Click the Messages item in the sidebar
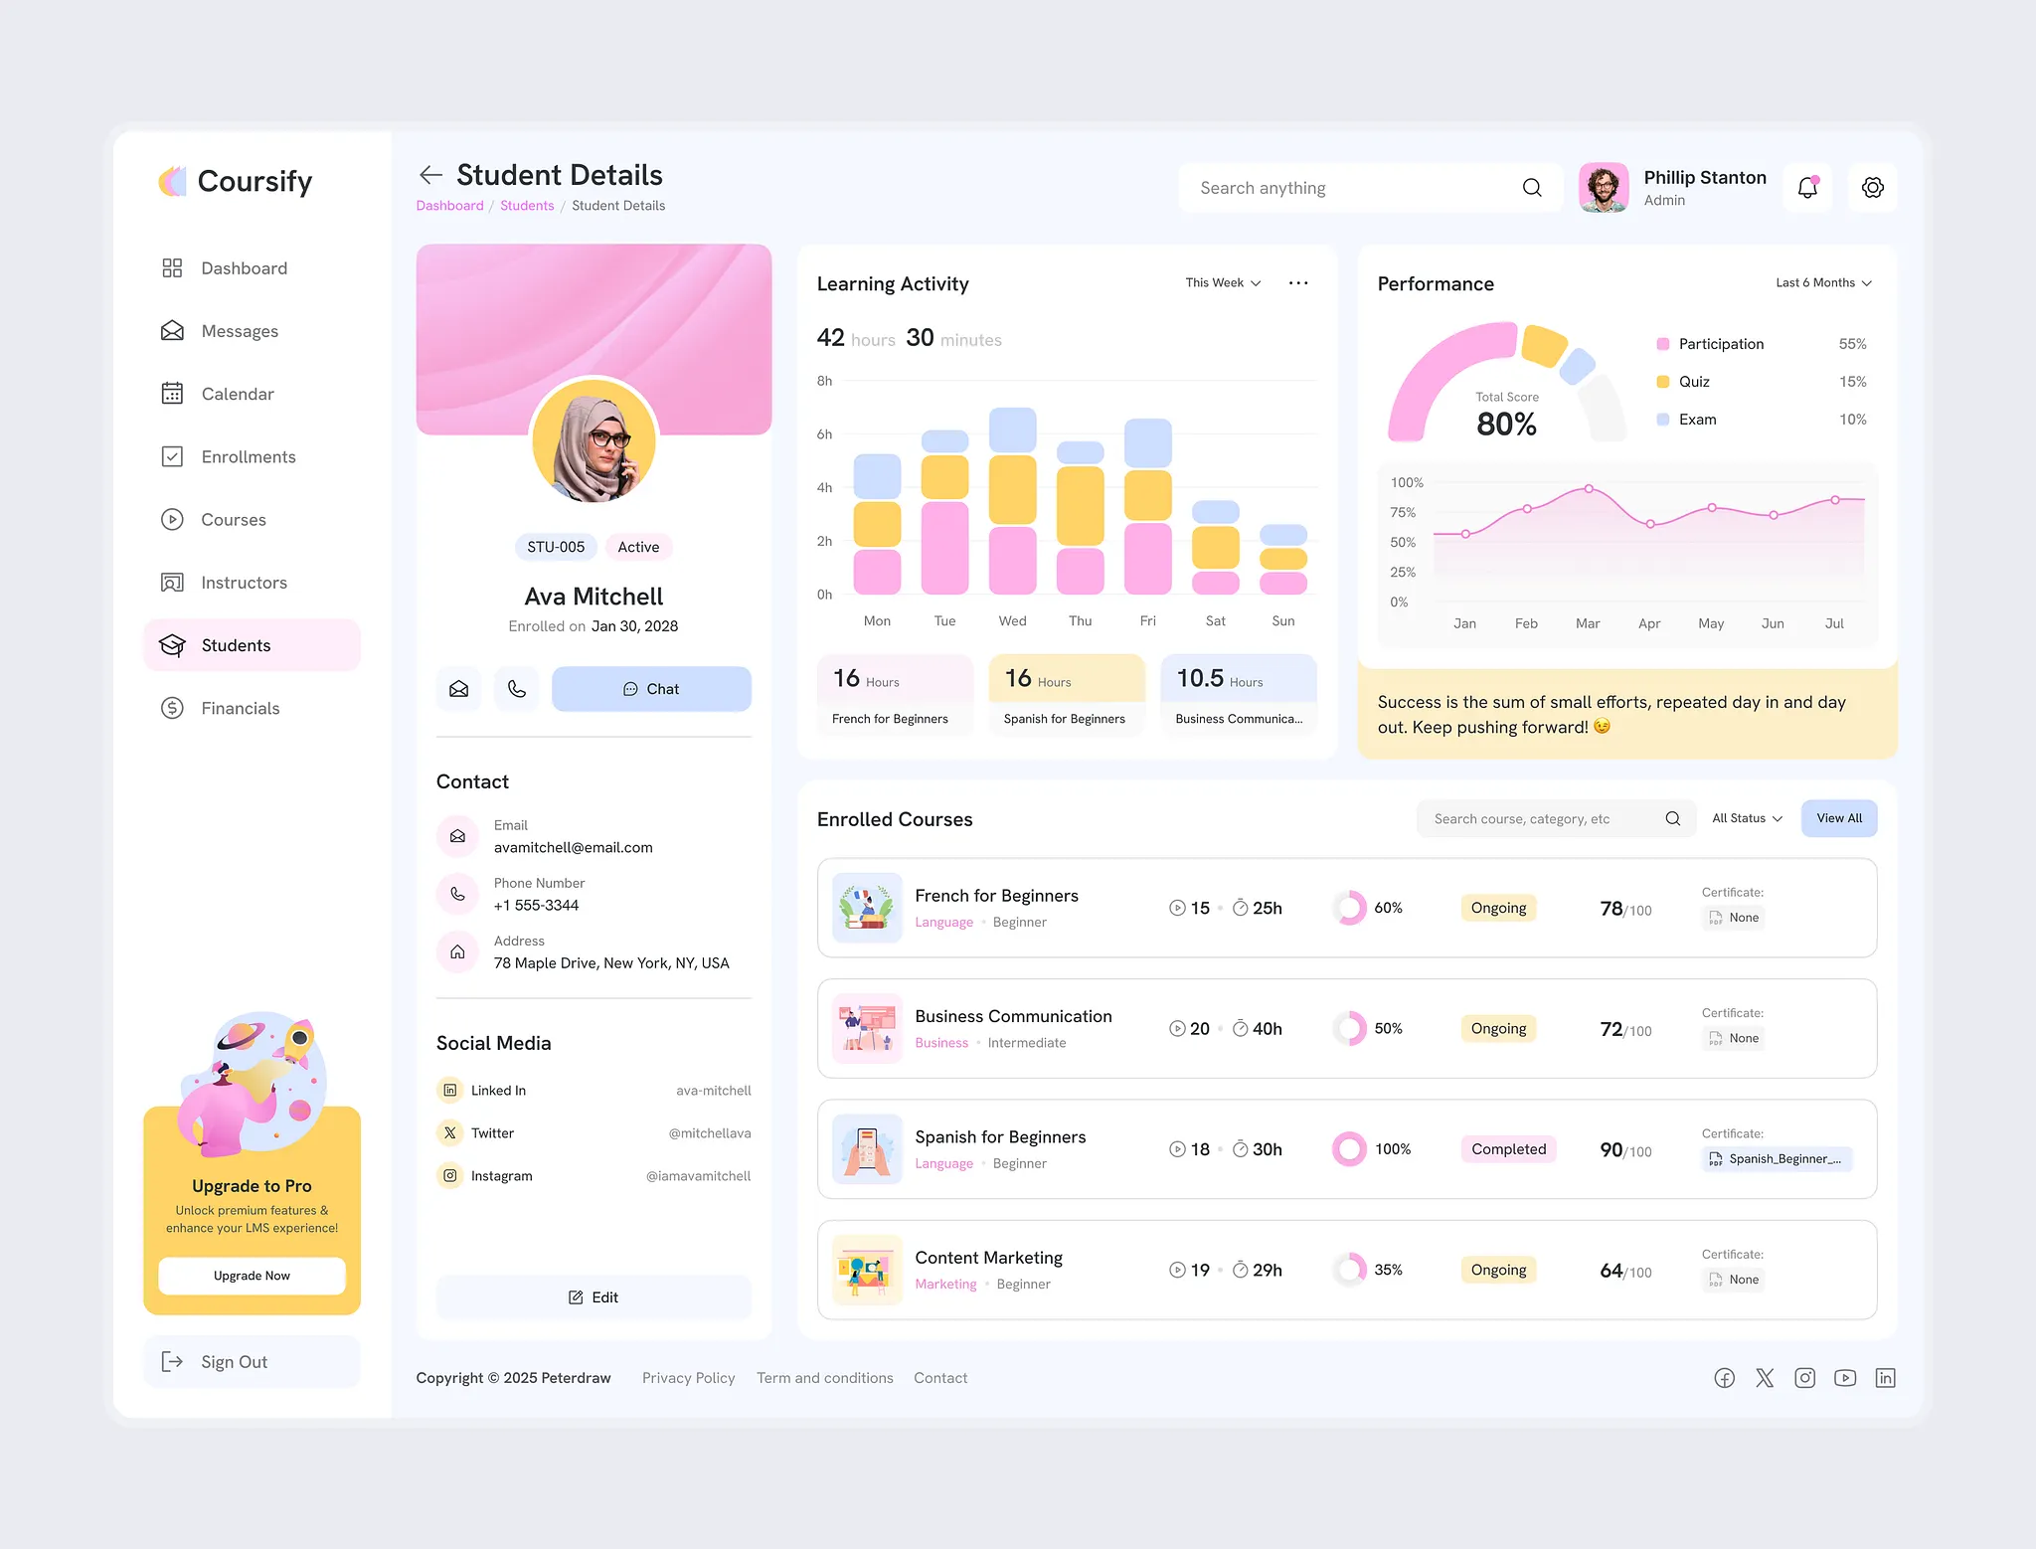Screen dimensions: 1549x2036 pos(239,331)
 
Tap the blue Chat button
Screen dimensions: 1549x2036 pos(651,689)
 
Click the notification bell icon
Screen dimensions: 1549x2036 pos(1807,188)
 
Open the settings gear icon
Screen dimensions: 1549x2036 pos(1872,188)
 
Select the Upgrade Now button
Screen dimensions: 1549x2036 pos(252,1276)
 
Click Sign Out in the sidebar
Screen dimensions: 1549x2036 pos(234,1362)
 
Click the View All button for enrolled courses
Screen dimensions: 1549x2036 pos(1838,818)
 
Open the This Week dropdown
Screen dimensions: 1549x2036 pos(1223,283)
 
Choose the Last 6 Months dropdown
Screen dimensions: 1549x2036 pos(1823,283)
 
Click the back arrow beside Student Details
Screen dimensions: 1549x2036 pos(430,176)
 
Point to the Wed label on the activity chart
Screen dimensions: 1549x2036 pos(1012,621)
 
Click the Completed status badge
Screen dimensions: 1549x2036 pos(1508,1149)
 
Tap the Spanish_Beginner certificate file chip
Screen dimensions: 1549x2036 pos(1777,1159)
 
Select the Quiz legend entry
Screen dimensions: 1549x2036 pos(1694,382)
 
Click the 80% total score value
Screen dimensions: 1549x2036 pos(1506,425)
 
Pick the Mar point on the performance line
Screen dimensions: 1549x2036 pos(1589,489)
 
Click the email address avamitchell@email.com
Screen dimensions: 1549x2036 pos(574,848)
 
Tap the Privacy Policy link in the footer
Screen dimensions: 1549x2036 pos(688,1378)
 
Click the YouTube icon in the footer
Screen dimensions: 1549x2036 pos(1845,1378)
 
